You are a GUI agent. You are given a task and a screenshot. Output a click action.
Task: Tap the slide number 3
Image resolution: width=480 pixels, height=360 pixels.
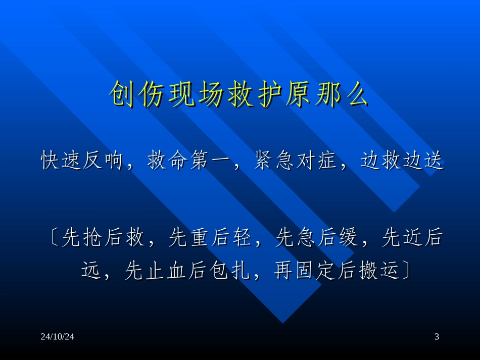(x=437, y=337)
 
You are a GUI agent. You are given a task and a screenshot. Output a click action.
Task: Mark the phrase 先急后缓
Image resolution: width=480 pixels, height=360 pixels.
(x=317, y=238)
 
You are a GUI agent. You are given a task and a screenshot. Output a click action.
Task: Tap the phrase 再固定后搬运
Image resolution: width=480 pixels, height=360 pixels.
(x=334, y=272)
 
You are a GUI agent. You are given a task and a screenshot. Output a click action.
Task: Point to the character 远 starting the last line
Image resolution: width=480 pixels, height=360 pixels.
(x=91, y=272)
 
